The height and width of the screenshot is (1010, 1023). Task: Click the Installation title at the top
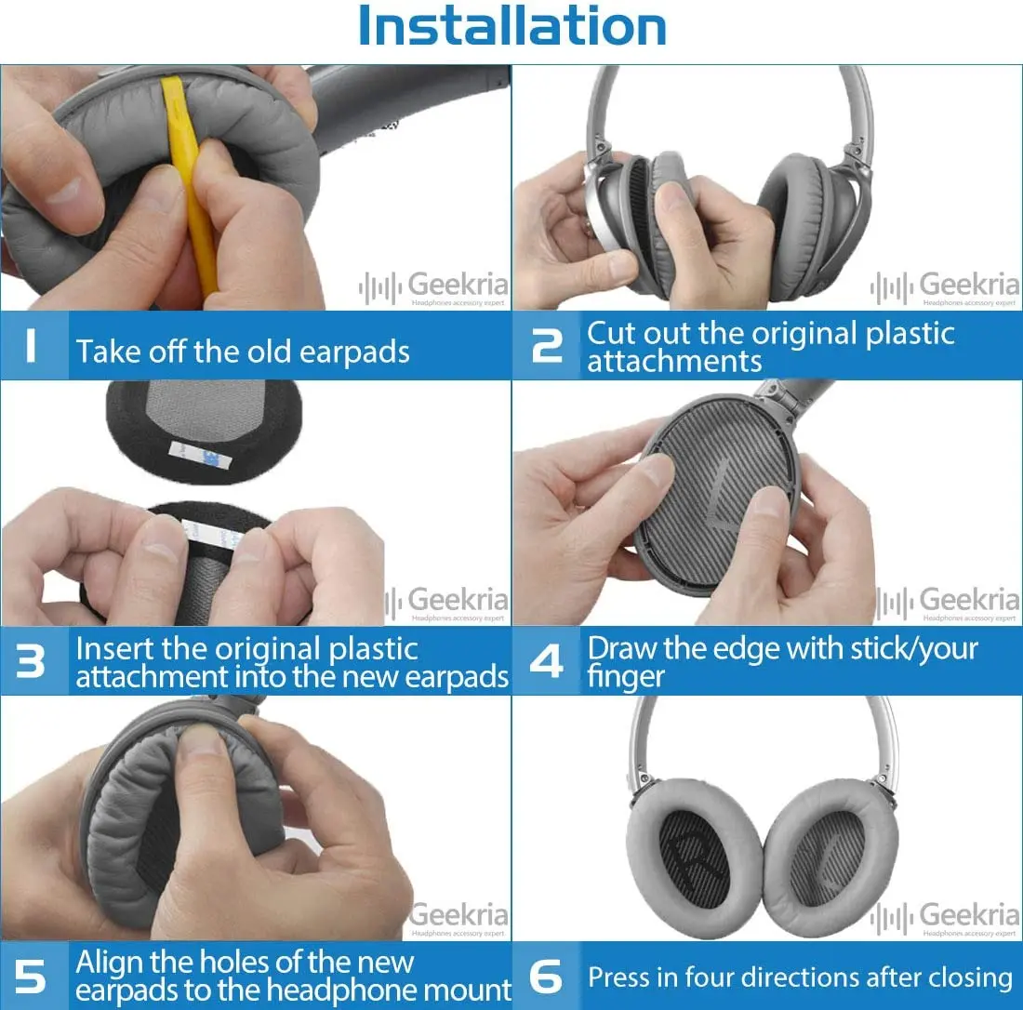511,26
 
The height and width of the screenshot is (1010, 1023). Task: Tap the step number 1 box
33,346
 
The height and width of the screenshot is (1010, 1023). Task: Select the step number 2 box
546,346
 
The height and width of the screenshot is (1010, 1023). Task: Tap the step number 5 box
33,977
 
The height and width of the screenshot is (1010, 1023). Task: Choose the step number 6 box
546,977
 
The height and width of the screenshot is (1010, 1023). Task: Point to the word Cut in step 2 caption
610,333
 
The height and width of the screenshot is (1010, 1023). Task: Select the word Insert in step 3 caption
115,648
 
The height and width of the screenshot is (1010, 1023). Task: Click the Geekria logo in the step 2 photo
944,286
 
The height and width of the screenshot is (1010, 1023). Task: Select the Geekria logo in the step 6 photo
944,915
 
